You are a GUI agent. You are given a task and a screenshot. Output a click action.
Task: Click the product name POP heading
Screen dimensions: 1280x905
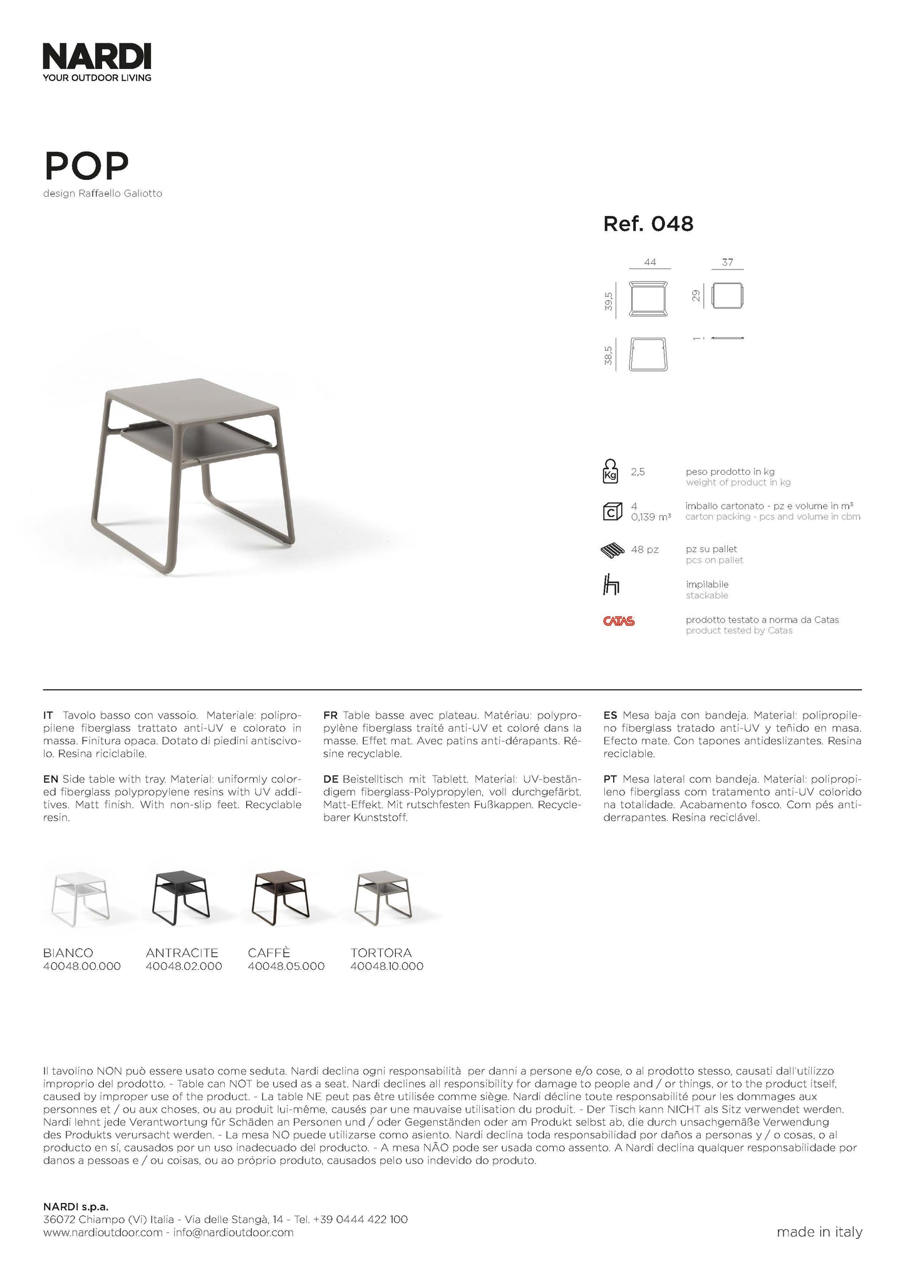coord(86,165)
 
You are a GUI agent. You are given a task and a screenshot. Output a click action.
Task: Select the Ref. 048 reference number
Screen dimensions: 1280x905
coord(648,224)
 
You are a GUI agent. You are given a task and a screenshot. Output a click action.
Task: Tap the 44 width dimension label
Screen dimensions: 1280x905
coord(650,263)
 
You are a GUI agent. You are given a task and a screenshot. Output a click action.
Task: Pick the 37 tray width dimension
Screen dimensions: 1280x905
coord(727,263)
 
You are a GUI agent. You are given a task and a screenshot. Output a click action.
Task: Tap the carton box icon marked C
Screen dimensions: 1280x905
coord(611,511)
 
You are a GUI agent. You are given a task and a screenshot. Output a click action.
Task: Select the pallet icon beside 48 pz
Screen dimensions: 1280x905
coord(613,551)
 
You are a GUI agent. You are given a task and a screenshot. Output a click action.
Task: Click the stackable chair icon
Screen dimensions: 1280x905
coord(611,586)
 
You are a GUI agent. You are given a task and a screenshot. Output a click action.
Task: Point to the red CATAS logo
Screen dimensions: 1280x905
coord(619,622)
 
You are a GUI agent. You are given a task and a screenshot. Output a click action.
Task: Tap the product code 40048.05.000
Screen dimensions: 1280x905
coord(286,966)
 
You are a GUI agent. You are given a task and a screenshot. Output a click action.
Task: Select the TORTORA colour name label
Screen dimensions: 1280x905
coord(381,953)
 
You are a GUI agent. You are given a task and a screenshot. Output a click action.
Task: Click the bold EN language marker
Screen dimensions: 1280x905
coord(51,779)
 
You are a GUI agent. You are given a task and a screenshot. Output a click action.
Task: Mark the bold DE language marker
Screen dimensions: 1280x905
coord(331,779)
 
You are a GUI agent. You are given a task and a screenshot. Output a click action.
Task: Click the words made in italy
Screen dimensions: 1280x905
coord(819,1232)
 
